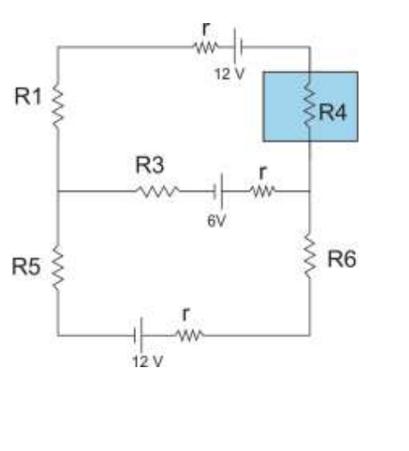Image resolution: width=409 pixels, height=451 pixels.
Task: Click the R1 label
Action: point(28,96)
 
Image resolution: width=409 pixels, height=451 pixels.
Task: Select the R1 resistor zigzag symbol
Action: point(58,104)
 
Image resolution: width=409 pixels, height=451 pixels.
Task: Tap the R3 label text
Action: point(150,165)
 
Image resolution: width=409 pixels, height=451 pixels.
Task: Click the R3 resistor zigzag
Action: point(157,191)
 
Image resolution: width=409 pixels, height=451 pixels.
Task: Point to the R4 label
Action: point(333,112)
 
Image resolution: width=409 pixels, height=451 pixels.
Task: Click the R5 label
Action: point(26,267)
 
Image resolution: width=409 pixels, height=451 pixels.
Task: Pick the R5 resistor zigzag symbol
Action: point(58,268)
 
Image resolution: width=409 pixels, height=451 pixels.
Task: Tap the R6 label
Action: point(342,259)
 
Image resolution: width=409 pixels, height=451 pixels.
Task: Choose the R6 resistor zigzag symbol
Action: point(310,256)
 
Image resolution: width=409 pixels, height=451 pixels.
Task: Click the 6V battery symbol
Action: point(218,191)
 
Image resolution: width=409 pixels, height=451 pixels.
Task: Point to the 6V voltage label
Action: point(216,221)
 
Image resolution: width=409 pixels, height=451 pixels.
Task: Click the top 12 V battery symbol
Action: point(239,46)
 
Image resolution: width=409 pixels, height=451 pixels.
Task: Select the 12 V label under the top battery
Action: point(229,74)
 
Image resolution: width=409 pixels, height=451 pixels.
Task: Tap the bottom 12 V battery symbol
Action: point(138,335)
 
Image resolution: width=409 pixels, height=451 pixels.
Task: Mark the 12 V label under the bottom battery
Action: point(147,361)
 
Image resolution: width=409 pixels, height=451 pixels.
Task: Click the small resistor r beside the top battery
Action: point(205,47)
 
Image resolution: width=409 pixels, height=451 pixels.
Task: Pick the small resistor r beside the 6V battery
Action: point(263,191)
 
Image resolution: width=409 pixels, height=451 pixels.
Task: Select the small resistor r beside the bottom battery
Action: point(190,335)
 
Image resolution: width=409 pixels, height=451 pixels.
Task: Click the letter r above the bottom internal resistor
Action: point(186,313)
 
